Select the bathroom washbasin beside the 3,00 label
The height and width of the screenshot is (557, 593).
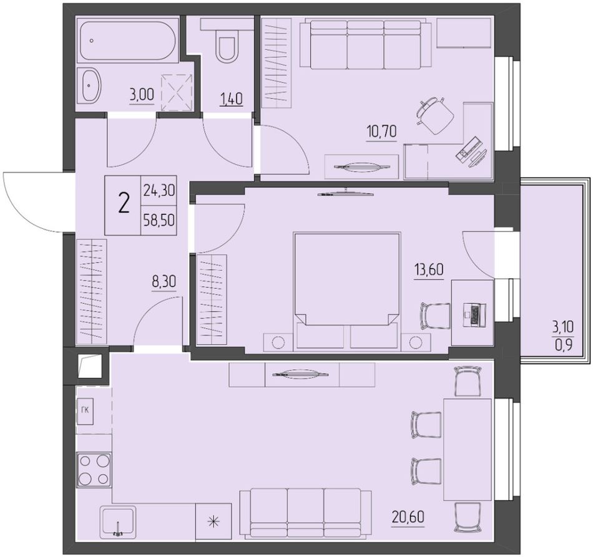point(91,85)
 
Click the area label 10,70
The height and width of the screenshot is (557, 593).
point(381,132)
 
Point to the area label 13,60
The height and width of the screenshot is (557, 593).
point(429,270)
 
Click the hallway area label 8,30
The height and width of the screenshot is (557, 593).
point(164,282)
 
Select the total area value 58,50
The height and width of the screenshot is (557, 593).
point(159,219)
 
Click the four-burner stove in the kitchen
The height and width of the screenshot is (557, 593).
point(94,470)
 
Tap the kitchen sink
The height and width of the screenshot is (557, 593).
point(117,522)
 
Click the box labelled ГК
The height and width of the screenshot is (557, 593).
point(85,411)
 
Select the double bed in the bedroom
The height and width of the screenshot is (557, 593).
point(347,289)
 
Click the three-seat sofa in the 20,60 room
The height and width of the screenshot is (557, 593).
point(306,513)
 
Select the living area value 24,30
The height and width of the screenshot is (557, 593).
point(159,190)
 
